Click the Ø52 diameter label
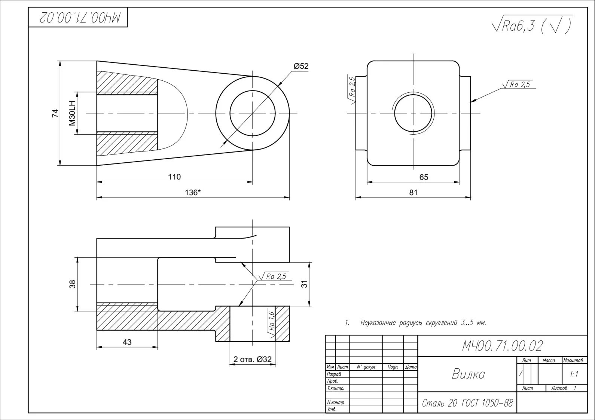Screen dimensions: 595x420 pyautogui.click(x=301, y=66)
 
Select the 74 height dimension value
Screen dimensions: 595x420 pyautogui.click(x=55, y=113)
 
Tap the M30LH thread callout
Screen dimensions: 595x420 pyautogui.click(x=72, y=113)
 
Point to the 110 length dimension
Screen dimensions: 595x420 pyautogui.click(x=174, y=177)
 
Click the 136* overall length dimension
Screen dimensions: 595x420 pyautogui.click(x=193, y=192)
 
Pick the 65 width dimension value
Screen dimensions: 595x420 pyautogui.click(x=424, y=177)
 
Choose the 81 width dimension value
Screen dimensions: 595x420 pyautogui.click(x=413, y=192)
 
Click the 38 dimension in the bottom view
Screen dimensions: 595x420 pyautogui.click(x=73, y=284)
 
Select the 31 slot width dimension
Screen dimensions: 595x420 pyautogui.click(x=305, y=284)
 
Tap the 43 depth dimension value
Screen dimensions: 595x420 pyautogui.click(x=127, y=342)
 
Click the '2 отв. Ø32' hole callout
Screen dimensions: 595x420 pyautogui.click(x=252, y=359)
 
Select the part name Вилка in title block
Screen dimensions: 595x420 pyautogui.click(x=468, y=374)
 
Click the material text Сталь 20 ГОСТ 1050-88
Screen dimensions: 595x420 pyautogui.click(x=467, y=403)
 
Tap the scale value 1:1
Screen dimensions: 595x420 pyautogui.click(x=574, y=374)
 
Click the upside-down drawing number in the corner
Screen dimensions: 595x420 pyautogui.click(x=80, y=18)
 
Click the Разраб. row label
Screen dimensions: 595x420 pyautogui.click(x=334, y=374)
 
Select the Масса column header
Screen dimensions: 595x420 pyautogui.click(x=549, y=360)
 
